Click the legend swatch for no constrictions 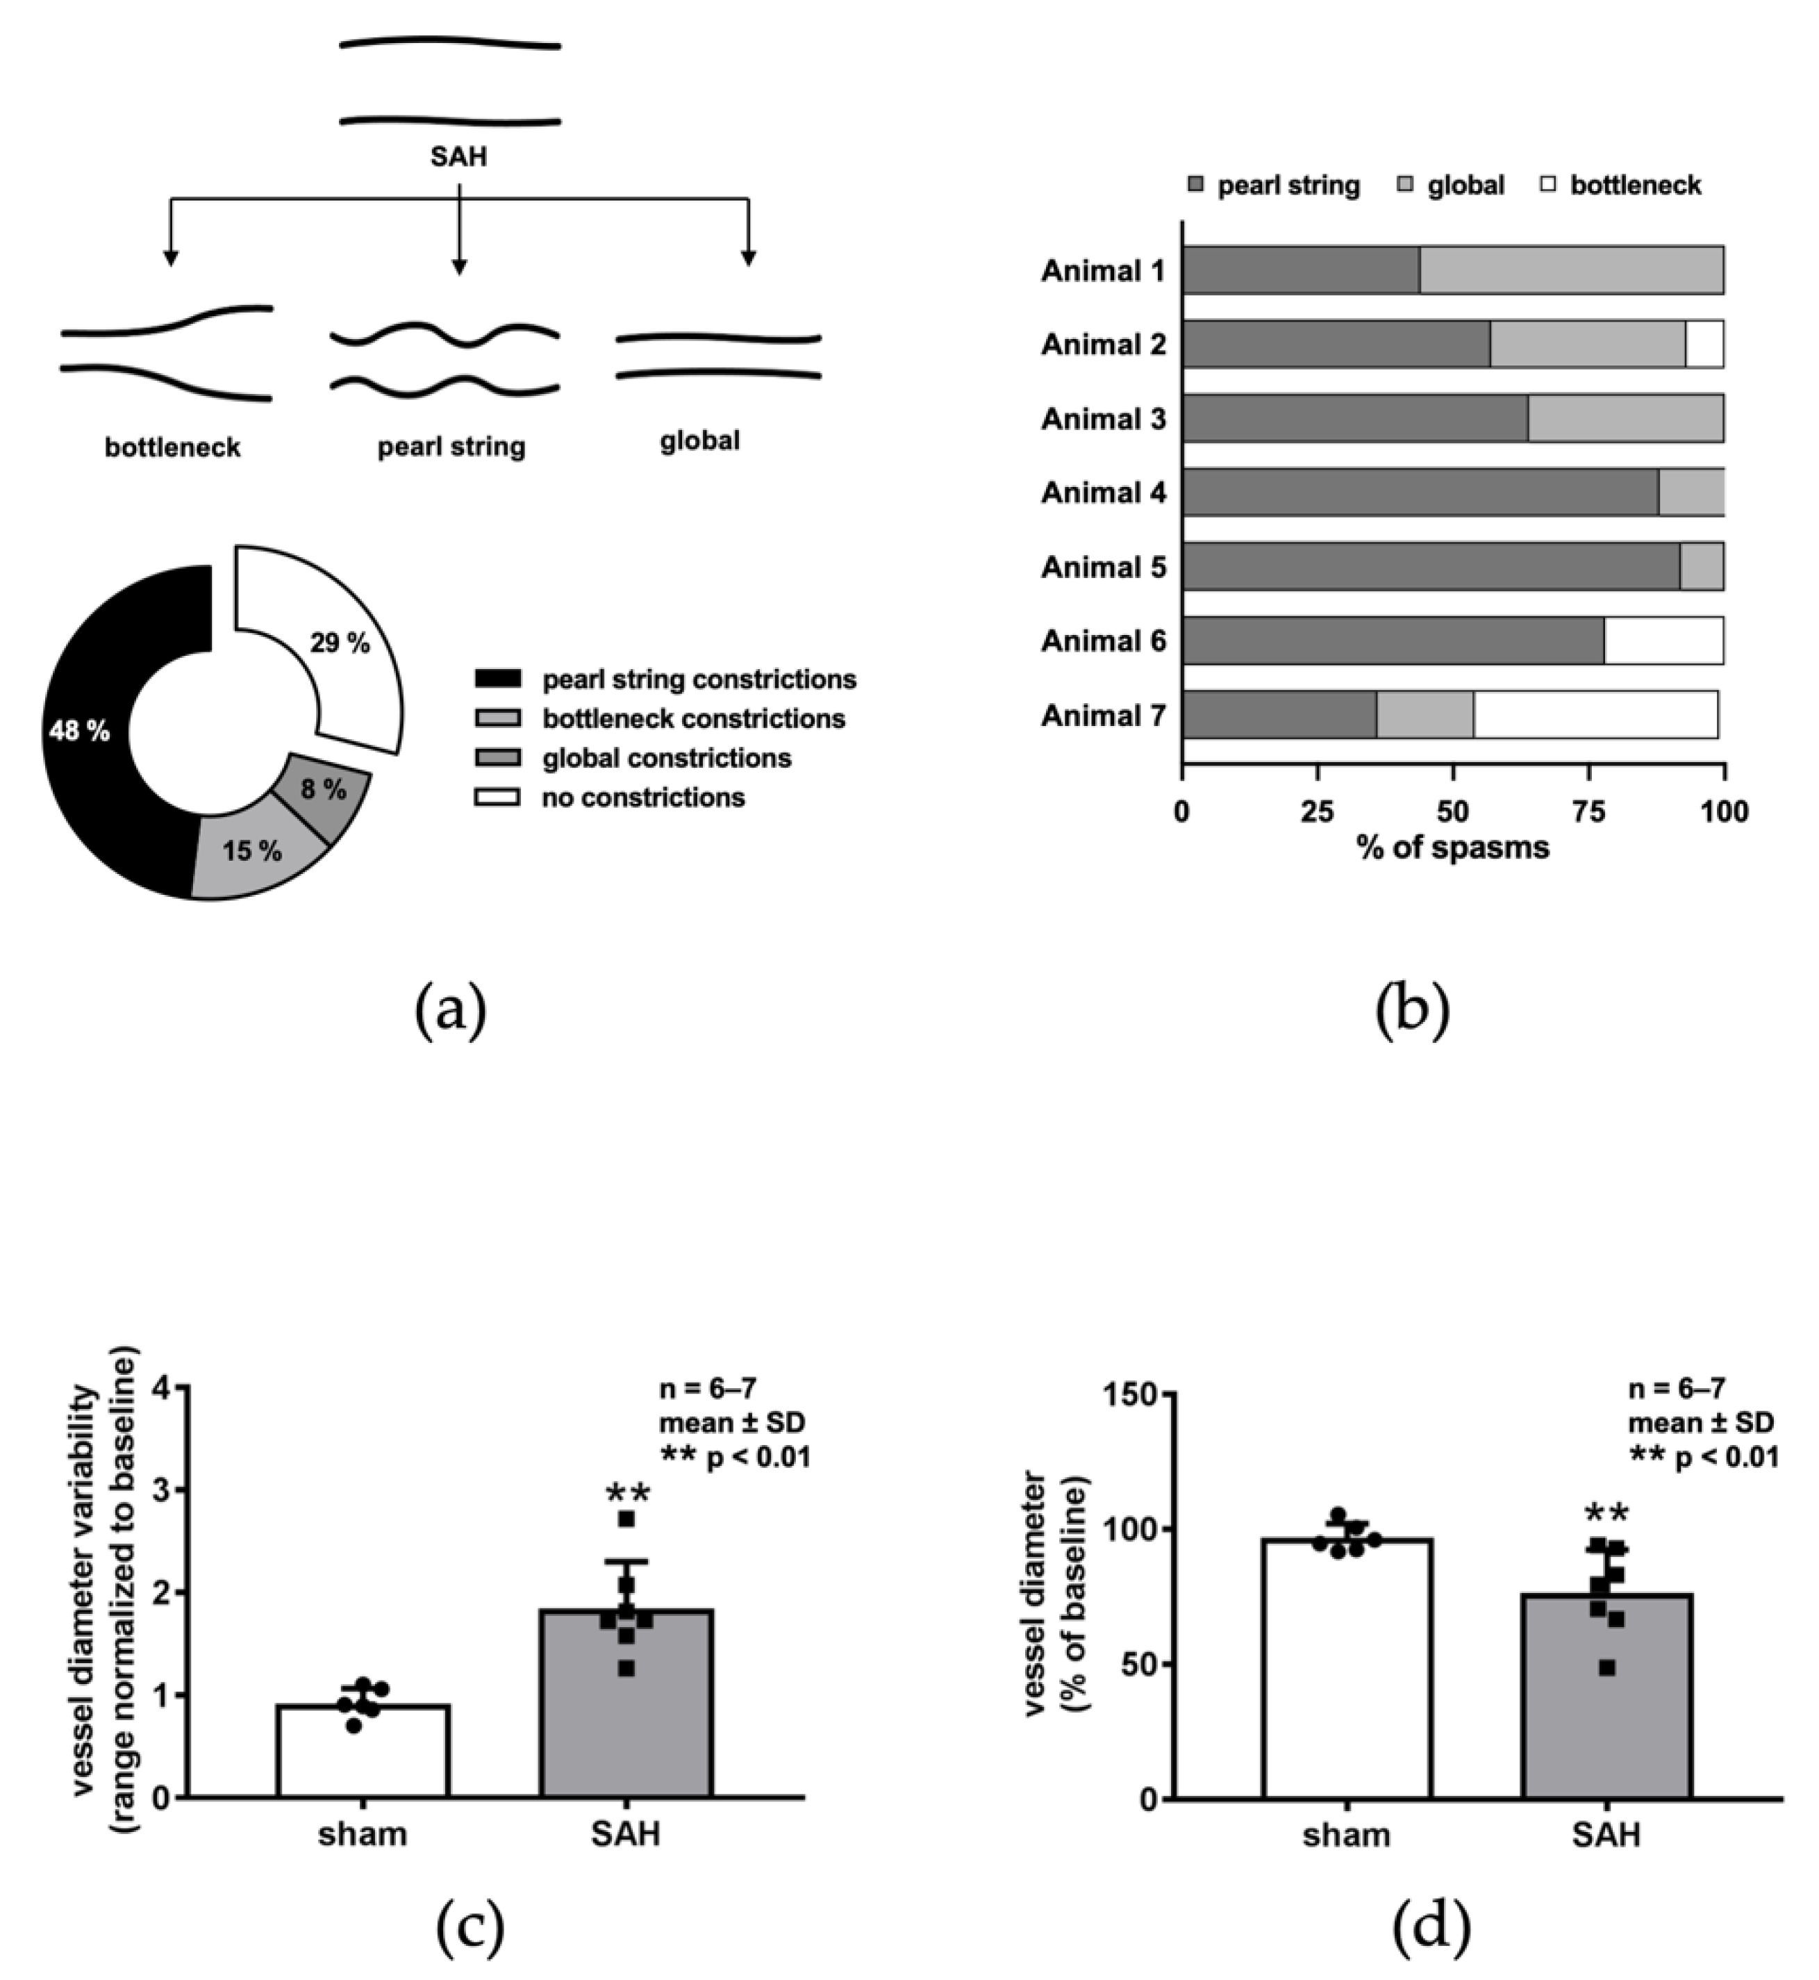(497, 797)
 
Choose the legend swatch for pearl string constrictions (497, 679)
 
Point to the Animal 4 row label (1104, 493)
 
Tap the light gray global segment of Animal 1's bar (1571, 270)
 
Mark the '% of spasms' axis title (1453, 848)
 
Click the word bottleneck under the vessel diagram (172, 448)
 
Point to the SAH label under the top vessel (458, 156)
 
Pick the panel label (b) (1411, 1011)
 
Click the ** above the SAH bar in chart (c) (627, 1494)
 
